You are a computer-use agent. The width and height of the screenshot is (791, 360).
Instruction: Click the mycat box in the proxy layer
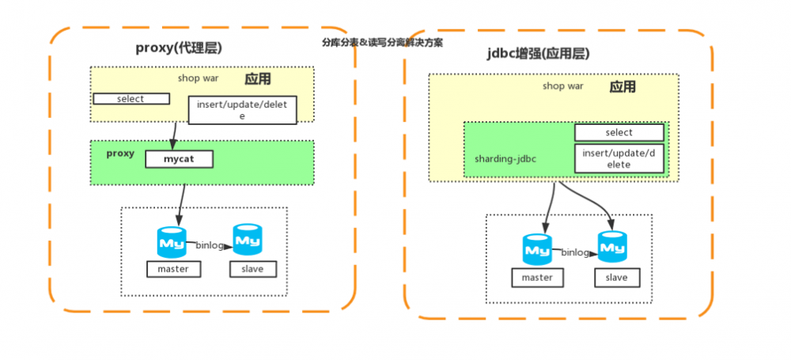coord(180,160)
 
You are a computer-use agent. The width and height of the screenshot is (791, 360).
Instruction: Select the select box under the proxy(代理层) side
coord(131,99)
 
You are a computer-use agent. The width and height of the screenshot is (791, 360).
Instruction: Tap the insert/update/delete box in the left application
coord(242,110)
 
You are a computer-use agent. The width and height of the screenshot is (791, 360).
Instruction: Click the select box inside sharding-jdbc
coord(619,133)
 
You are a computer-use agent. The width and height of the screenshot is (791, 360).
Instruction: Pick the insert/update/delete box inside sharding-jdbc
coord(619,158)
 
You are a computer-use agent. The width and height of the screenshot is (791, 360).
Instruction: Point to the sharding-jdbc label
coord(505,158)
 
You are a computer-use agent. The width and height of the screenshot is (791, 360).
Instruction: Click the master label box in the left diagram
coord(174,269)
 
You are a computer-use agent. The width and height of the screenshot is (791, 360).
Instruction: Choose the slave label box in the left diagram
coord(253,269)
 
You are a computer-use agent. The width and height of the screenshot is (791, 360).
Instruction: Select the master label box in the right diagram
coord(538,278)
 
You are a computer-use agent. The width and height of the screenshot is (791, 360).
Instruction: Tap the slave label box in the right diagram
coord(616,278)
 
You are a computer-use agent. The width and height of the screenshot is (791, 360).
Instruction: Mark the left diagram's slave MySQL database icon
coord(248,239)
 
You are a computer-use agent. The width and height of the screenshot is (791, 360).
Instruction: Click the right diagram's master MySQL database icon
coord(537,249)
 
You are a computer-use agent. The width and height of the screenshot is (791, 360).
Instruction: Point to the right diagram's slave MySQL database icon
coord(611,247)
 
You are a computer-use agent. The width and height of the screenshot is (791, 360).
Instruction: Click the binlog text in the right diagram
coord(576,252)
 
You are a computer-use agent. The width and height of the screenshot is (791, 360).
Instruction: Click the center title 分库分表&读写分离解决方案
coord(382,43)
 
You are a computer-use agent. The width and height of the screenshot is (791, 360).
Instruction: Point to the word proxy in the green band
coord(120,153)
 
